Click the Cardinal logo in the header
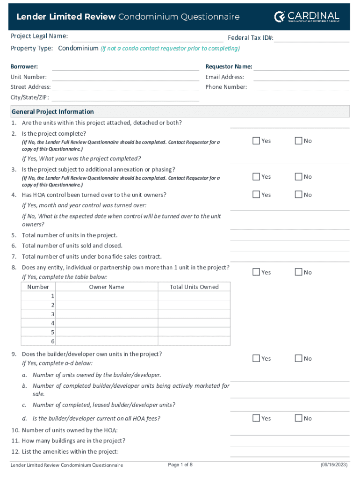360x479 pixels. pyautogui.click(x=307, y=17)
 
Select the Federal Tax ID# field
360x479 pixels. pyautogui.click(x=311, y=38)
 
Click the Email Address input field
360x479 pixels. pyautogui.click(x=301, y=77)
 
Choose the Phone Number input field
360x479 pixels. pyautogui.click(x=301, y=87)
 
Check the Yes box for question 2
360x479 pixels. pyautogui.click(x=256, y=141)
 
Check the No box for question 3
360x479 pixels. pyautogui.click(x=298, y=177)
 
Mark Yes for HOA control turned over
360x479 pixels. pyautogui.click(x=256, y=195)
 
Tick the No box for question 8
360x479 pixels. pyautogui.click(x=298, y=272)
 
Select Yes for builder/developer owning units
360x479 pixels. pyautogui.click(x=256, y=358)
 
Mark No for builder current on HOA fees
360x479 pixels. pyautogui.click(x=298, y=418)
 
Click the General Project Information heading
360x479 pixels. pyautogui.click(x=52, y=112)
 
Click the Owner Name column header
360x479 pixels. pyautogui.click(x=107, y=287)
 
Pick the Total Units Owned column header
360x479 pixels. pyautogui.click(x=194, y=287)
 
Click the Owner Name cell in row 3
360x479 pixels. pyautogui.click(x=107, y=314)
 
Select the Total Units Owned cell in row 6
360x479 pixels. pyautogui.click(x=194, y=341)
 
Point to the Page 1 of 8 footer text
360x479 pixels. pyautogui.click(x=180, y=464)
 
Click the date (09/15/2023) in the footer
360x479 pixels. pyautogui.click(x=334, y=464)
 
